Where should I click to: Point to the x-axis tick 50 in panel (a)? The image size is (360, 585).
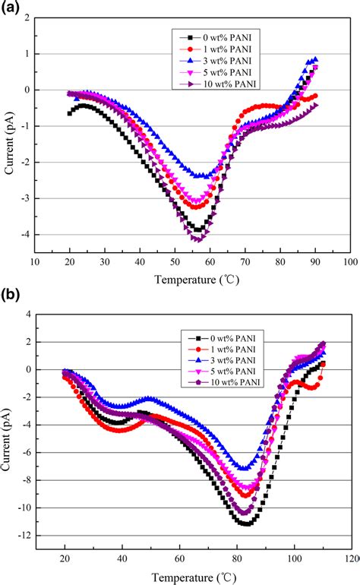coord(175,262)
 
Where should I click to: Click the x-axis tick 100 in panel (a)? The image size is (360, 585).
coord(349,262)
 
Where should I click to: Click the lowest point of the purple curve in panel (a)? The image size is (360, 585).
coord(197,240)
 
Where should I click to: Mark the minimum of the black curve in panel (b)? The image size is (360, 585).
coord(247,524)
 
